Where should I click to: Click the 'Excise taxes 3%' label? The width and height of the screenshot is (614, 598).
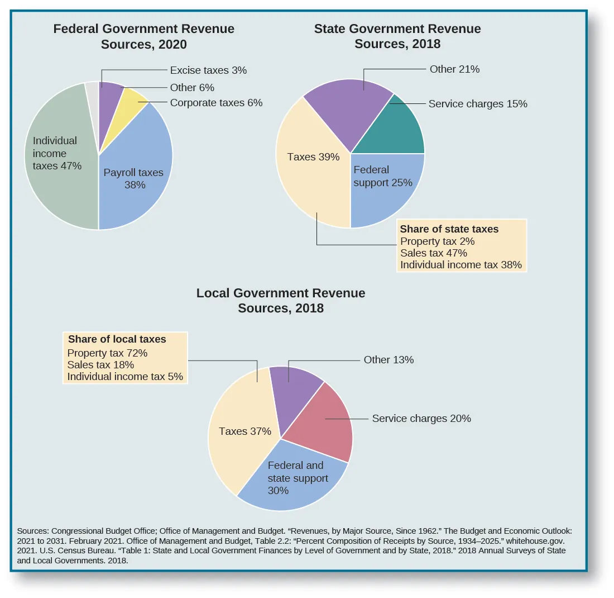(x=208, y=70)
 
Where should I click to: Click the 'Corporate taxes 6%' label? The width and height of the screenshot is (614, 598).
(x=216, y=103)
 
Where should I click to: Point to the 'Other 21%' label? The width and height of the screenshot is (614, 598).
(x=454, y=69)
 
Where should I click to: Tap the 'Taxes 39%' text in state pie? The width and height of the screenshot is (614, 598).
(x=313, y=157)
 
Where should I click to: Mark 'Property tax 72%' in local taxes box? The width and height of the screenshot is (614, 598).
(x=107, y=353)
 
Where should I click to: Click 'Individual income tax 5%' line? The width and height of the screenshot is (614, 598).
(x=125, y=377)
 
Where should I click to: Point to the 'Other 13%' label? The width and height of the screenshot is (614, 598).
(x=388, y=360)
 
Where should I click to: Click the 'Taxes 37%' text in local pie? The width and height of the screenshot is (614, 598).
(x=244, y=431)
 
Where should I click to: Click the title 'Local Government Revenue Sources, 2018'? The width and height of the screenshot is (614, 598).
(x=281, y=300)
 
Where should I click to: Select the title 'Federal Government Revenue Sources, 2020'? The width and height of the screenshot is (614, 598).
(x=143, y=36)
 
